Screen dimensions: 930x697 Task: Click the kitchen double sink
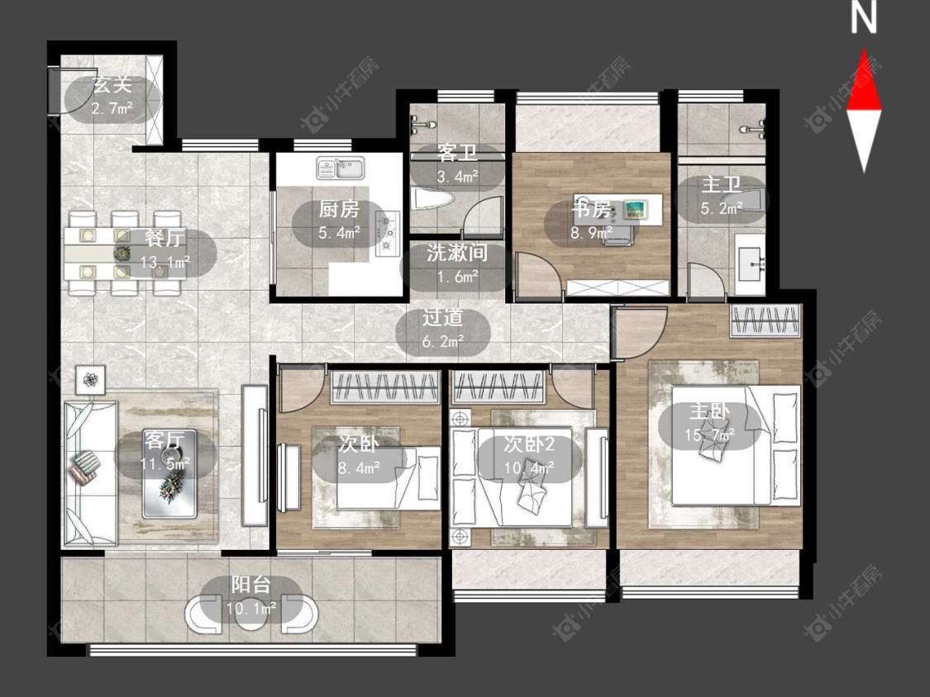pos(340,167)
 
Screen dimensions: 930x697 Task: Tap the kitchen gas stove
pos(388,234)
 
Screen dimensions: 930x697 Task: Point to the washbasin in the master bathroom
pos(750,263)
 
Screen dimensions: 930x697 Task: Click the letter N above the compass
pos(864,18)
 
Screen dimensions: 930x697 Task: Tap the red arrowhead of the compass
pos(864,79)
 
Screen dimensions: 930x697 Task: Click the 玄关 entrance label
pos(112,85)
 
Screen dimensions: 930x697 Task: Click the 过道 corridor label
pos(442,318)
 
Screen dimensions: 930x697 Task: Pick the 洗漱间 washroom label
pos(457,253)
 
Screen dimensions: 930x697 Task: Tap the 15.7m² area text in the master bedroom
pos(709,436)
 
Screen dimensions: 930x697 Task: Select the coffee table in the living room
pos(169,473)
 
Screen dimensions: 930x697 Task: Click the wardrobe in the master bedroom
pos(765,320)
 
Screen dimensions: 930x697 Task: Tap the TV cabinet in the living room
pos(255,455)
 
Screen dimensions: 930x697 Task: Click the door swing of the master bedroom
pos(641,332)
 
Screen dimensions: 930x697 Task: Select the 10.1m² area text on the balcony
pos(251,609)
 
